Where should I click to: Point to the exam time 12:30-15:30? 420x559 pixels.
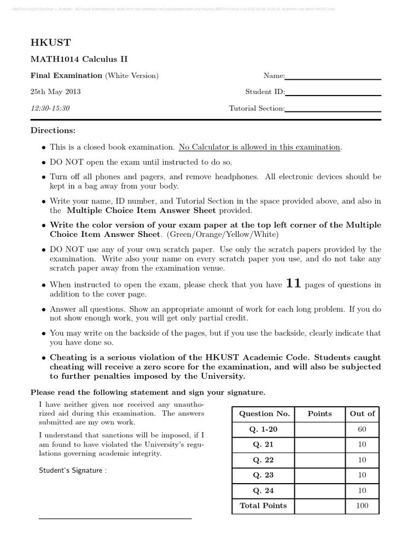(50, 108)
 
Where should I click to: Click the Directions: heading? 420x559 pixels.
(53, 130)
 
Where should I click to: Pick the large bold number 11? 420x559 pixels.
(294, 284)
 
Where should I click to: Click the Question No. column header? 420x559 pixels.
(262, 414)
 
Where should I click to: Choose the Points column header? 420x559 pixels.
(319, 414)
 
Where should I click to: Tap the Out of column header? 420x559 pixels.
(362, 414)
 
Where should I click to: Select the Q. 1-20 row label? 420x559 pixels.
(262, 430)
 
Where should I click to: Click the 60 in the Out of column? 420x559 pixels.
(362, 430)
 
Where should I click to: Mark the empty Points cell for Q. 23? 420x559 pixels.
(319, 475)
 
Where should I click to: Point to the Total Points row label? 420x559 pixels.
(262, 506)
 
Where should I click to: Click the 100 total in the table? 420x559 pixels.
(362, 506)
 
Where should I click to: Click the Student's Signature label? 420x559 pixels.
(73, 471)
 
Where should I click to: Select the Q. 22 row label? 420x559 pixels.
(262, 460)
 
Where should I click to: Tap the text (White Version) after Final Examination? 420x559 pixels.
(132, 76)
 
